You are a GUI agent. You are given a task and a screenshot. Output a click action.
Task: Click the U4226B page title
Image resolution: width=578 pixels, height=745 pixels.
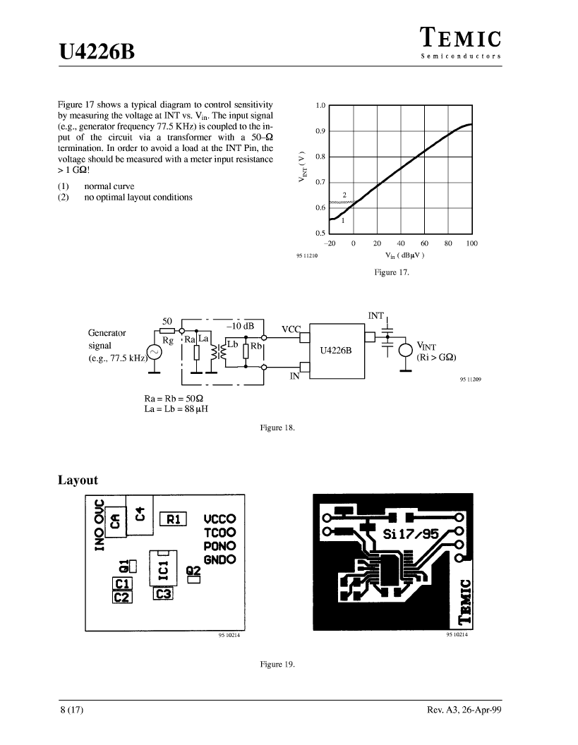pyautogui.click(x=97, y=52)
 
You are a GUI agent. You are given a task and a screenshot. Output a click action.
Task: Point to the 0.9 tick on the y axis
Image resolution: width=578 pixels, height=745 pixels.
pyautogui.click(x=320, y=131)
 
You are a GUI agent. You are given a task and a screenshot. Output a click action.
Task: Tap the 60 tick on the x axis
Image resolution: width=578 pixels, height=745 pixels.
pyautogui.click(x=424, y=243)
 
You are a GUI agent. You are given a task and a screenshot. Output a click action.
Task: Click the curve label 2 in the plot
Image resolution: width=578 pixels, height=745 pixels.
pyautogui.click(x=344, y=195)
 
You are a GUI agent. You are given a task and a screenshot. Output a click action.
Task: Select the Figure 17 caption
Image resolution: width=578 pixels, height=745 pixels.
pyautogui.click(x=391, y=272)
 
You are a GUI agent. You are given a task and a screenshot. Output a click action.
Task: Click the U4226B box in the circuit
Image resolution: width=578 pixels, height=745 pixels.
pyautogui.click(x=337, y=351)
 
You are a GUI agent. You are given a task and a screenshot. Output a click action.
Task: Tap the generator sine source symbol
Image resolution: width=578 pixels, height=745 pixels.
pyautogui.click(x=154, y=352)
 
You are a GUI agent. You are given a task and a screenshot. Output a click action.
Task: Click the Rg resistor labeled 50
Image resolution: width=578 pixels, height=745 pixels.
pyautogui.click(x=167, y=330)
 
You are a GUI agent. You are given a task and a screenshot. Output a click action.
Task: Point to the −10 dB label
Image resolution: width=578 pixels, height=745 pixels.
pyautogui.click(x=240, y=326)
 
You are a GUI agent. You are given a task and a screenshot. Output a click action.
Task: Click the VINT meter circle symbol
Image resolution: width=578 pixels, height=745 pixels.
pyautogui.click(x=406, y=351)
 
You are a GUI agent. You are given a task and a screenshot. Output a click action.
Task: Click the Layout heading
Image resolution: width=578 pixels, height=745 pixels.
pyautogui.click(x=78, y=480)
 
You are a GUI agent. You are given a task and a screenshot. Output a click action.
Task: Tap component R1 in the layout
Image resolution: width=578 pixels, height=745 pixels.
pyautogui.click(x=173, y=519)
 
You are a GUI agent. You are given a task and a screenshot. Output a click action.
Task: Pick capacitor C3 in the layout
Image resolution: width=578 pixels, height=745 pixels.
pyautogui.click(x=163, y=594)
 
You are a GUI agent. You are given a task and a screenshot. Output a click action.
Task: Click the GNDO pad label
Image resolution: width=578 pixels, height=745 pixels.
pyautogui.click(x=219, y=559)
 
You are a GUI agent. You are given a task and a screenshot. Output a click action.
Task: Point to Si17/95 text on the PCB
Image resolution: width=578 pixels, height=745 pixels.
pyautogui.click(x=411, y=534)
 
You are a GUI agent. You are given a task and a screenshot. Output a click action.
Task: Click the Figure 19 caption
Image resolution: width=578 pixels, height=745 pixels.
pyautogui.click(x=277, y=665)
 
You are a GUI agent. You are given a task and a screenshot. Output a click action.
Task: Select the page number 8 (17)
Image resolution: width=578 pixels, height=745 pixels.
pyautogui.click(x=72, y=710)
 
